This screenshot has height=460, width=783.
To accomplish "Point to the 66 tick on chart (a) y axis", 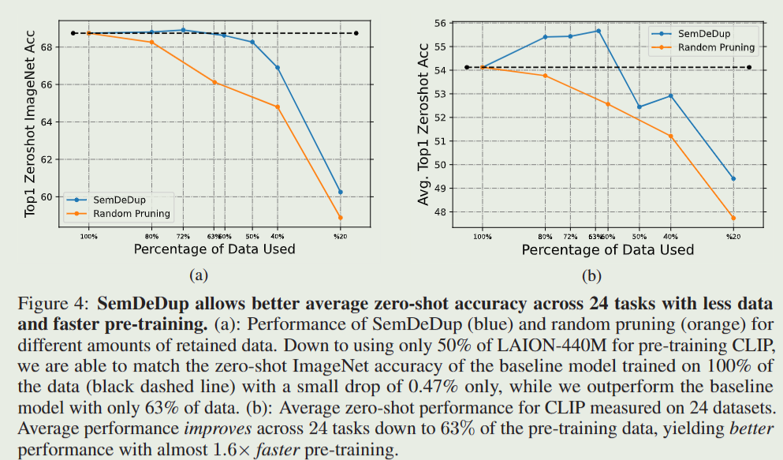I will pos(45,84).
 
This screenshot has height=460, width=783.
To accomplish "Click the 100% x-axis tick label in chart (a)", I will pos(88,235).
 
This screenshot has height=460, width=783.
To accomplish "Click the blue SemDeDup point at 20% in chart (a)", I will pos(340,192).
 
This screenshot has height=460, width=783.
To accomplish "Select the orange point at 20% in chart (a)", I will pos(340,218).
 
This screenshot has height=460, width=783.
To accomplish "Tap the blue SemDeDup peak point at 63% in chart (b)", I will pos(598,31).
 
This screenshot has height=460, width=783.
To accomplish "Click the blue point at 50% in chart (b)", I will pos(639,107).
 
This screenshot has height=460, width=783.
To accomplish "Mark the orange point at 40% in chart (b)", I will pos(670,137).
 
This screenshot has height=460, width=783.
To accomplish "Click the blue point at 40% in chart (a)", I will pos(278,67).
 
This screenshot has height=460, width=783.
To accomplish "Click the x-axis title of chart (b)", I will pos(607,250).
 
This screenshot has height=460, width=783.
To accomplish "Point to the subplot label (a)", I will pos(197,275).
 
